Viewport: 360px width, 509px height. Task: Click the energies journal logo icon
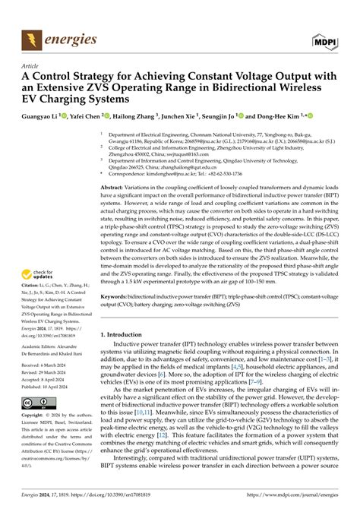[x=33, y=34]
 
